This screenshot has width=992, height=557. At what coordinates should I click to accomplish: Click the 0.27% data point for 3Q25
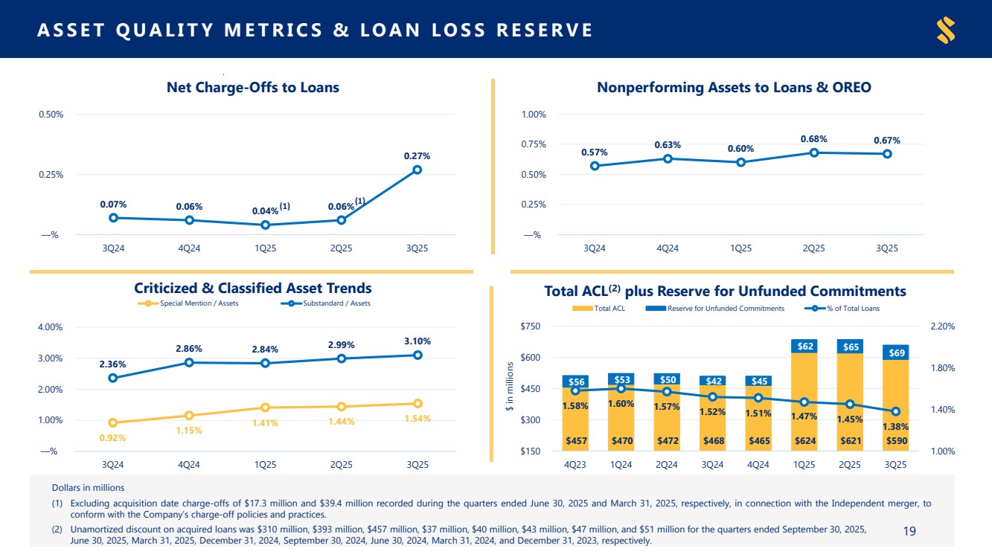pos(417,170)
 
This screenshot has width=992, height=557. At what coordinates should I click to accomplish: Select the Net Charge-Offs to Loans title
pos(252,88)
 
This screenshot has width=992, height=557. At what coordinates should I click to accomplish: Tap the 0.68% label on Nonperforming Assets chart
pos(813,139)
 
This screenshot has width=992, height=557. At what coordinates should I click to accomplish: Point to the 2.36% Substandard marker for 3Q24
pos(112,378)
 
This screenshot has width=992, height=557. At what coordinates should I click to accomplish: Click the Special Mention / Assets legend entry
pos(188,303)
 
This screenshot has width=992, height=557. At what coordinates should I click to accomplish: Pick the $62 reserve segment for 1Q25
pos(804,346)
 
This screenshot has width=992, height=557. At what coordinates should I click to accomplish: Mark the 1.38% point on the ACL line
pos(896,411)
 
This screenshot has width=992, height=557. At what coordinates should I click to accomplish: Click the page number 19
pos(909,530)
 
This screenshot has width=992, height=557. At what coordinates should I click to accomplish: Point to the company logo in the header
pos(946,30)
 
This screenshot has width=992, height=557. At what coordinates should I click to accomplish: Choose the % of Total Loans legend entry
pos(847,309)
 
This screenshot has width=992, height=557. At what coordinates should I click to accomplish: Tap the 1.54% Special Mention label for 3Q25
pos(418,419)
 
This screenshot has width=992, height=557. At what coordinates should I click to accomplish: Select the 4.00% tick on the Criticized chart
pos(51,326)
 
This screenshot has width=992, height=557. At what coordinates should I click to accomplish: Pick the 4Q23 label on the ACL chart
pos(575,465)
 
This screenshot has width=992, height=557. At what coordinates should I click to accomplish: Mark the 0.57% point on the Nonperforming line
pos(595,166)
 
